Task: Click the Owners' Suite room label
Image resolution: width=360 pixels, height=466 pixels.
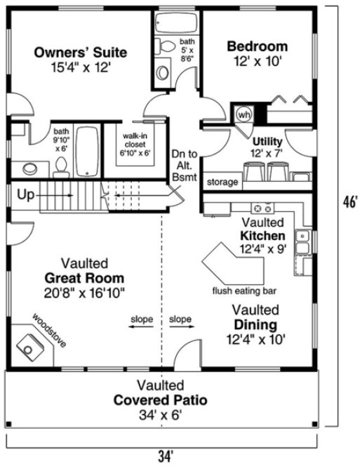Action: pos(81,52)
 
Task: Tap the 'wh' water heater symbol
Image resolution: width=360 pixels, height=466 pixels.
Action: pos(244,114)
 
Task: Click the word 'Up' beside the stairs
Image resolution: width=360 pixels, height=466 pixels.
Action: pos(25,194)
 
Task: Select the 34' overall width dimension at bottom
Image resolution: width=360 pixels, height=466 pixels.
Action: pos(166,456)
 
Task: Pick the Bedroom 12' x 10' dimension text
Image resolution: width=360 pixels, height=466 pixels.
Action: pos(257,61)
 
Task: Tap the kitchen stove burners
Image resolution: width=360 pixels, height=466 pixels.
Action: pos(263,208)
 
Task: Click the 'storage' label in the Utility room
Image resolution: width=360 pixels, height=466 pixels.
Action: pos(222,182)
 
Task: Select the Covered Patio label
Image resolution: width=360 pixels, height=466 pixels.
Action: pos(161,401)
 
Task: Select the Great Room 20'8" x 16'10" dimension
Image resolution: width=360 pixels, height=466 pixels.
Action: pos(84,292)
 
